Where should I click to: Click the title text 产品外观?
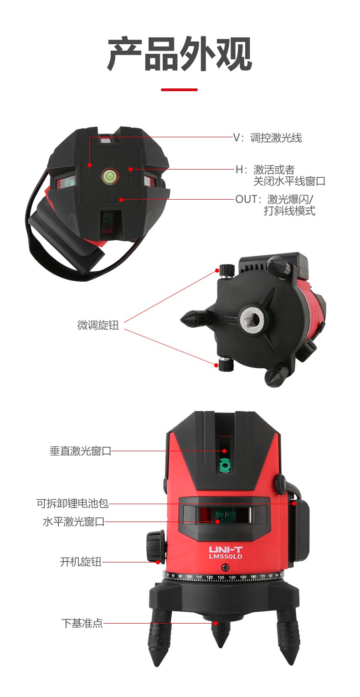(x=180, y=53)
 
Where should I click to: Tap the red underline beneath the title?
(x=179, y=90)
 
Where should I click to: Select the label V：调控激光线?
(x=267, y=138)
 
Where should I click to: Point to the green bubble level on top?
(x=109, y=176)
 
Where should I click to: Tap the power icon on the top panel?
(x=107, y=198)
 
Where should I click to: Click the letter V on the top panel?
(x=90, y=176)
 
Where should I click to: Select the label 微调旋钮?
(x=98, y=325)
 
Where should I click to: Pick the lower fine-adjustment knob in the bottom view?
(x=226, y=364)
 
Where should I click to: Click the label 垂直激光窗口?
(x=80, y=451)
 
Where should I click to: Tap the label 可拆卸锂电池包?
(x=72, y=503)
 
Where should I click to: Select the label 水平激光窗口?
(x=73, y=521)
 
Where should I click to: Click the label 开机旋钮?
(x=81, y=562)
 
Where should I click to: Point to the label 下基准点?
(x=82, y=623)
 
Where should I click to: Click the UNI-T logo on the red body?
(x=226, y=549)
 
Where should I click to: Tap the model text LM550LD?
(x=225, y=557)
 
